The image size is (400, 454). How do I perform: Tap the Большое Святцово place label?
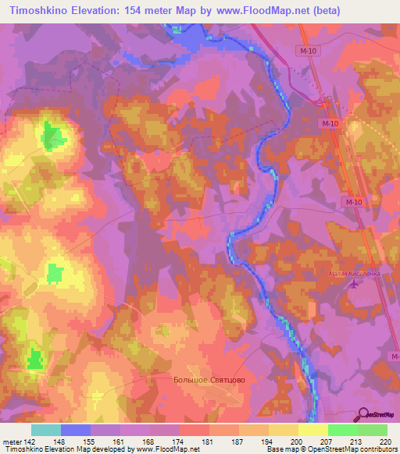[x=209, y=380]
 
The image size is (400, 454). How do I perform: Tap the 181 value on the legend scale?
[x=209, y=441]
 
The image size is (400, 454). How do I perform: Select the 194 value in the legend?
[x=268, y=441]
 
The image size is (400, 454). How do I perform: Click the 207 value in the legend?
[x=327, y=441]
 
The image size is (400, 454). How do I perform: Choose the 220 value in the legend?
[x=386, y=441]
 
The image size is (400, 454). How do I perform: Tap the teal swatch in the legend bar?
[x=45, y=430]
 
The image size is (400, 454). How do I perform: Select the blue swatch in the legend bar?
[x=75, y=430]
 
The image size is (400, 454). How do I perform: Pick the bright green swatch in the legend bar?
[x=342, y=430]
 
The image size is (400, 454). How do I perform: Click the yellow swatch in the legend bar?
[x=312, y=430]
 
